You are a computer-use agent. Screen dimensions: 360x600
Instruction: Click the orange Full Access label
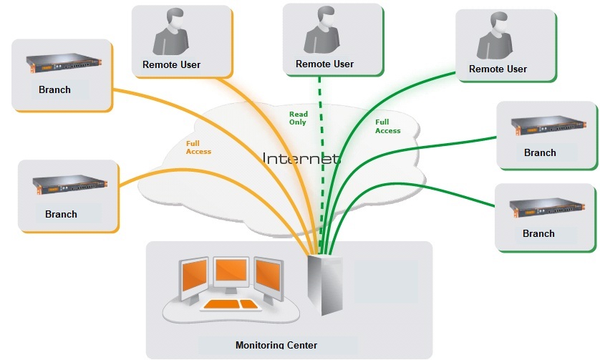[x=198, y=147]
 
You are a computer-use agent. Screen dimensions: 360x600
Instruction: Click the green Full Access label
[x=387, y=127]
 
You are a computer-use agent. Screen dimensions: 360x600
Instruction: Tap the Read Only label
[x=298, y=118]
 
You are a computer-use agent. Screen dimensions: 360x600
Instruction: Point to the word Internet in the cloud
[x=301, y=158]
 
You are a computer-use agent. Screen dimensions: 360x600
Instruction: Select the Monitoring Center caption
[x=276, y=345]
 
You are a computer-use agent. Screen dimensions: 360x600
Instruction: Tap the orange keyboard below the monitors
[x=230, y=305]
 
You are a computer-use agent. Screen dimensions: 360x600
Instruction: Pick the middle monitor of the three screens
[x=231, y=273]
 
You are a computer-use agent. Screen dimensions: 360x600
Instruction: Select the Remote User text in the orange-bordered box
[x=171, y=65]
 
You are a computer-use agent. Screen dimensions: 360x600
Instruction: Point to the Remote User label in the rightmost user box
[x=498, y=69]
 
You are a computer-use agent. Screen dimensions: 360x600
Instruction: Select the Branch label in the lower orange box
[x=61, y=214]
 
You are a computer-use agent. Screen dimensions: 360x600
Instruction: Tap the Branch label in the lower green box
[x=538, y=233]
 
